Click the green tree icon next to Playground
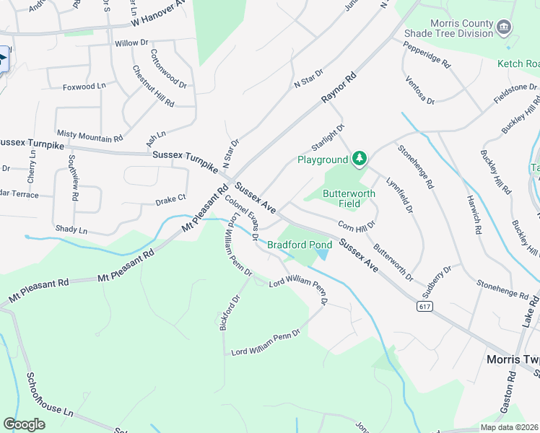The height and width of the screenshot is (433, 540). pyautogui.click(x=359, y=159)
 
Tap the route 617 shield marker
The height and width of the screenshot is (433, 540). pyautogui.click(x=424, y=306)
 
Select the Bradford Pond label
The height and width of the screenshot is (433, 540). pyautogui.click(x=300, y=245)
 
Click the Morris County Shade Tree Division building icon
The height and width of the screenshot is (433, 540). pyautogui.click(x=505, y=28)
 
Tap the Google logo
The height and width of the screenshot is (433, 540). pyautogui.click(x=24, y=424)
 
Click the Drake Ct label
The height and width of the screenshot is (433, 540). pyautogui.click(x=171, y=198)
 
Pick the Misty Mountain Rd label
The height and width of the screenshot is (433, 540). pyautogui.click(x=90, y=136)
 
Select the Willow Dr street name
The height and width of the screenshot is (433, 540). pyautogui.click(x=131, y=43)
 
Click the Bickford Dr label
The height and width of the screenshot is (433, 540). pyautogui.click(x=229, y=312)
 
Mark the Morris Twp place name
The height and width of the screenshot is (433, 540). pyautogui.click(x=512, y=359)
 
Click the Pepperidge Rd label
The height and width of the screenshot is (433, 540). pyautogui.click(x=427, y=55)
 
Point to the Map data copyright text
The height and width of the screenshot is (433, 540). pyautogui.click(x=508, y=427)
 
